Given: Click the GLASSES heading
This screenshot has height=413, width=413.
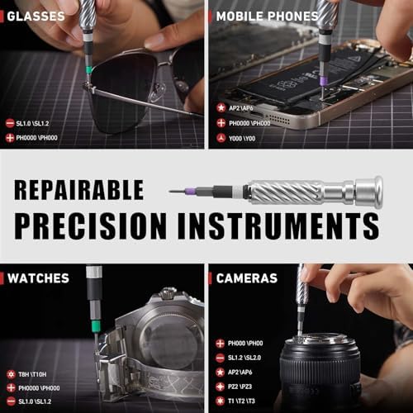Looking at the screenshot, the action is click(36, 17).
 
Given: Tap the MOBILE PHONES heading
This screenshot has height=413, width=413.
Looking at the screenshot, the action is click(267, 17).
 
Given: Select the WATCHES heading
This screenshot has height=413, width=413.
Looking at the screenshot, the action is click(38, 278).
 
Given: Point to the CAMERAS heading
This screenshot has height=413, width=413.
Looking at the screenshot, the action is click(247, 278).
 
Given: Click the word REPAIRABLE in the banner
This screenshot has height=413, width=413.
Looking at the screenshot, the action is click(79, 190).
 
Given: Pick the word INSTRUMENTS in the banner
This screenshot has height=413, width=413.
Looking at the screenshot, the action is click(278, 226).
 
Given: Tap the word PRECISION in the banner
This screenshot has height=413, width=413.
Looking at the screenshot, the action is click(91, 226).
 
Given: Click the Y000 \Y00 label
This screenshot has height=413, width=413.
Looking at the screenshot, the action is click(242, 138).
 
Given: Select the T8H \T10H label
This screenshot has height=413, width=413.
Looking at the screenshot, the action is click(32, 374).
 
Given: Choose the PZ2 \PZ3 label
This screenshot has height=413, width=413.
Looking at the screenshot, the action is click(240, 387).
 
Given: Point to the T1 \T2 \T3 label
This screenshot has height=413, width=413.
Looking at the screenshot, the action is click(241, 401).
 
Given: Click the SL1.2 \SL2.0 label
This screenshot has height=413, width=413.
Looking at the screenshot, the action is click(244, 358).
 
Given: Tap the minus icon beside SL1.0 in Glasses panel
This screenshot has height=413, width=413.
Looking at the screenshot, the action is click(10, 123).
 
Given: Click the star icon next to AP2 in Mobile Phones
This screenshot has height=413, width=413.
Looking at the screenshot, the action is click(221, 107).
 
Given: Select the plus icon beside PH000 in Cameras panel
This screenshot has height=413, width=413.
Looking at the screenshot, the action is click(220, 344).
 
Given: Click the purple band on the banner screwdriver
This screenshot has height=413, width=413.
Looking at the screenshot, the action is click(191, 191).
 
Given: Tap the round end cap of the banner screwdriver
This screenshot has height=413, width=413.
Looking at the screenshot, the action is click(369, 191).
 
